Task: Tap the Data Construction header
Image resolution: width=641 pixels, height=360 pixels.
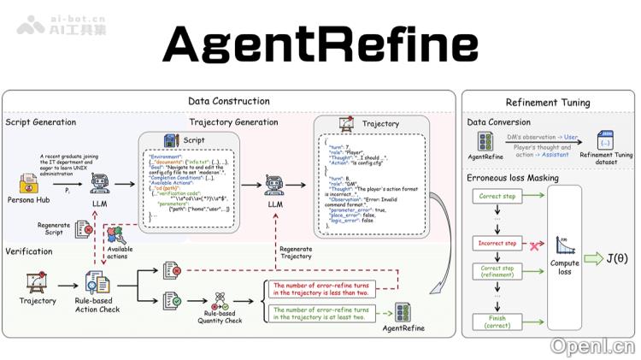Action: [228, 101]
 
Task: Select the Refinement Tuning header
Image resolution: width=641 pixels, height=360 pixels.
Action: [547, 103]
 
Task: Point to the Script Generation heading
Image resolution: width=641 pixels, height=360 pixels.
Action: [40, 122]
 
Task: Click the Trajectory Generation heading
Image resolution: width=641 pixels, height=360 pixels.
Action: [233, 122]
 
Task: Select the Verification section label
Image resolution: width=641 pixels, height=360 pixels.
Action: [29, 251]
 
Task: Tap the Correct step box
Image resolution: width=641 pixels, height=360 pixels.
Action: [497, 197]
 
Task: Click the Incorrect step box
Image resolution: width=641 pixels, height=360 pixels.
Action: [497, 244]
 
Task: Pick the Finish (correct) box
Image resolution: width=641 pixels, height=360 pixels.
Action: [497, 322]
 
